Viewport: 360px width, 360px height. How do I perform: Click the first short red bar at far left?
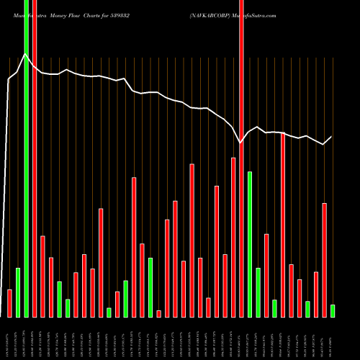(x=9, y=303)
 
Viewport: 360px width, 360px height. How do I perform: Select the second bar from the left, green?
(x=18, y=292)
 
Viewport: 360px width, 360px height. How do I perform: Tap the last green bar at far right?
(x=333, y=310)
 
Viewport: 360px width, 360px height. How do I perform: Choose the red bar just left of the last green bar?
(x=324, y=260)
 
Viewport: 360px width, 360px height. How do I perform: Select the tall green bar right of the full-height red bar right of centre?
(x=250, y=244)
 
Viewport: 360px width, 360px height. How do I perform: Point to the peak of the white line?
(x=26, y=53)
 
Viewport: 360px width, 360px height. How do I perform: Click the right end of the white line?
(x=332, y=137)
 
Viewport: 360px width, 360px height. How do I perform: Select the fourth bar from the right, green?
(x=307, y=309)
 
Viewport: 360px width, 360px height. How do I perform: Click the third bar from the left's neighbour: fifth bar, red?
(x=42, y=276)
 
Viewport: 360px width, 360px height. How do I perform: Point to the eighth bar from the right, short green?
(x=274, y=308)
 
